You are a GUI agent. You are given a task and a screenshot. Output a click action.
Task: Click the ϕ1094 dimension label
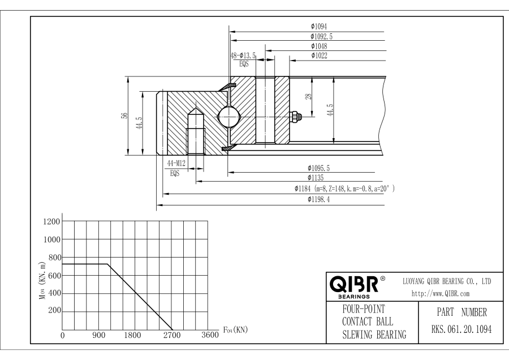[319, 26]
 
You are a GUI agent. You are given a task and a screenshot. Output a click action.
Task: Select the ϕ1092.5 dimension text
[322, 36]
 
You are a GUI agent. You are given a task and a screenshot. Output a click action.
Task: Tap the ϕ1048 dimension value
[319, 46]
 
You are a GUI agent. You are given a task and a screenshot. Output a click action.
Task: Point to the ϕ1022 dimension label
[319, 55]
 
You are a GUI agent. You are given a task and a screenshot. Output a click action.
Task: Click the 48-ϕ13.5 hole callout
[244, 55]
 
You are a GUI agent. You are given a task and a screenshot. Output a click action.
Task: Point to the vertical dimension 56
[124, 115]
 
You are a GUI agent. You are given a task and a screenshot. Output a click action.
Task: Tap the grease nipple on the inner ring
[295, 117]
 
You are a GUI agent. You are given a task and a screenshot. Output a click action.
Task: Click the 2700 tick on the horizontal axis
[172, 335]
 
